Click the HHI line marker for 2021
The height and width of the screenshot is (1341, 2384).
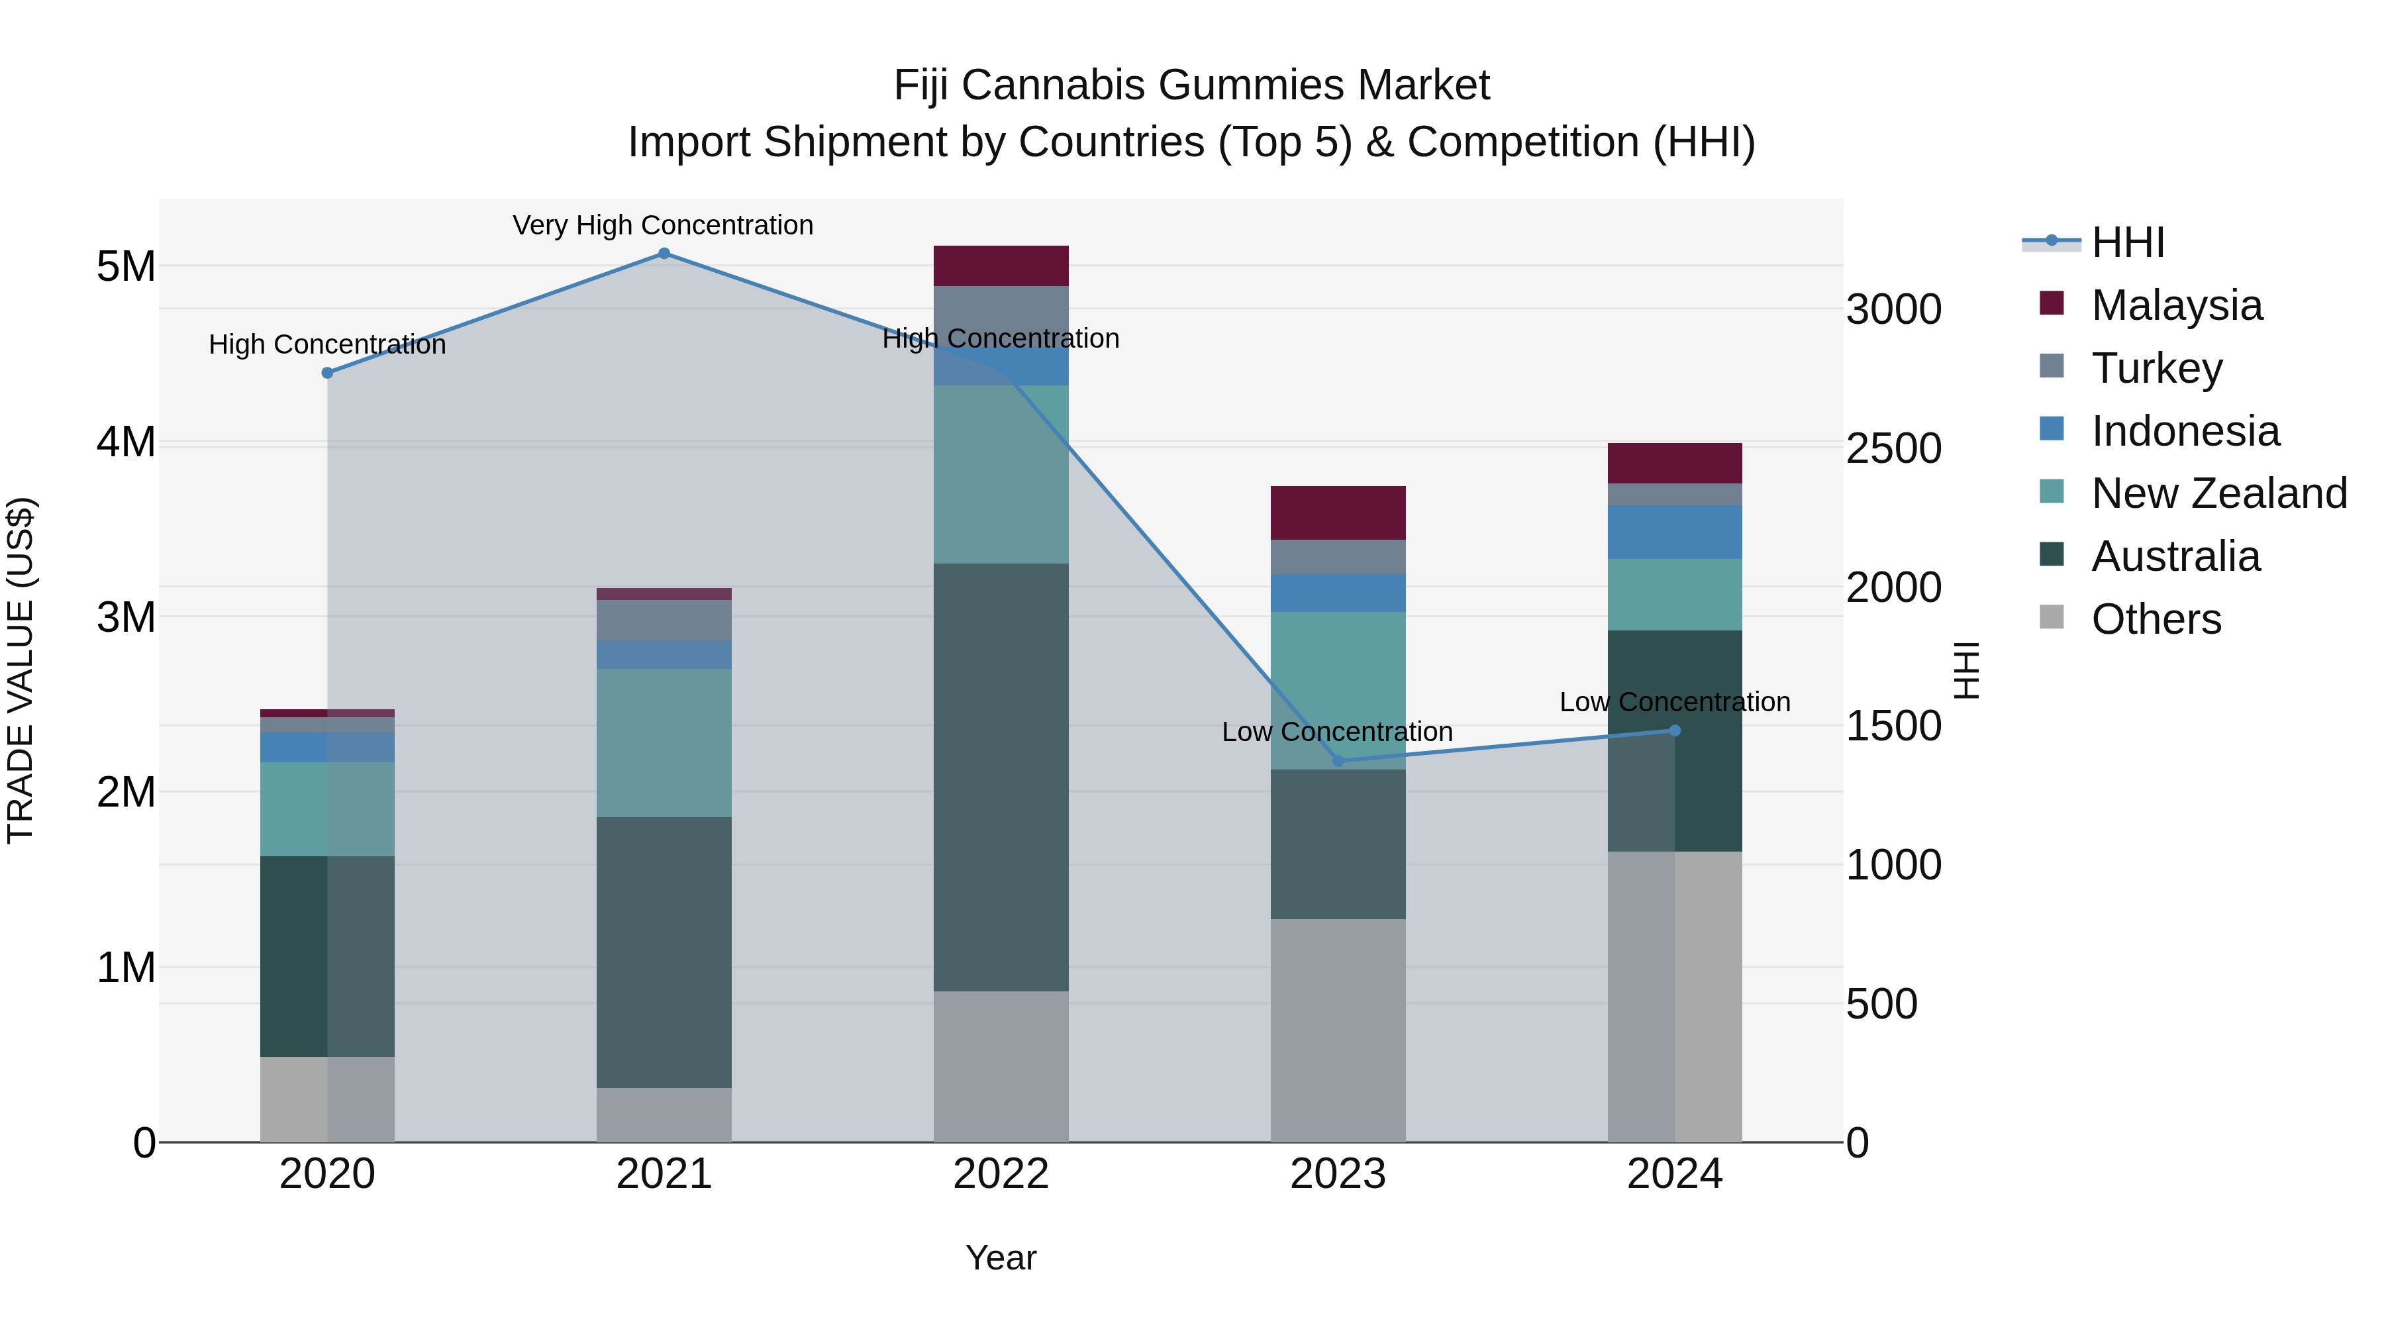664,254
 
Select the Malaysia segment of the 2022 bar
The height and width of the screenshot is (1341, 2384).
1001,266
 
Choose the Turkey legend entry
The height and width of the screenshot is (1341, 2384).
2156,368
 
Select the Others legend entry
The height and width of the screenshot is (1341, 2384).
2156,619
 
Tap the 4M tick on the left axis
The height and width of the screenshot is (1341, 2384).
126,442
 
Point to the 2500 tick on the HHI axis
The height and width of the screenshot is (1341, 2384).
1893,449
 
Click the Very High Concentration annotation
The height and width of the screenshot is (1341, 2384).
663,225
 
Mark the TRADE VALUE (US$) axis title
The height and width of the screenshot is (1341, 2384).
21,670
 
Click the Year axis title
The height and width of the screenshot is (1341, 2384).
1001,1258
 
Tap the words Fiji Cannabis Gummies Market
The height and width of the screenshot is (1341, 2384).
1191,85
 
